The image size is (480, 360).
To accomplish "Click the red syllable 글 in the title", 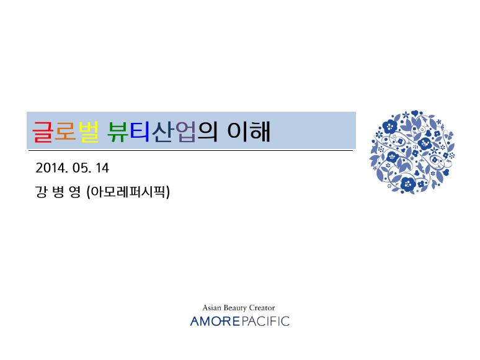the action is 43,132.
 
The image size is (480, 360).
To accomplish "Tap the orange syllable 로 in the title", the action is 65,132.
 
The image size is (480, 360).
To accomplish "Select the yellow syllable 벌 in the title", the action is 89,132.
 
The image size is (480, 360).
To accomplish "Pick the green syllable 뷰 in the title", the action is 118,132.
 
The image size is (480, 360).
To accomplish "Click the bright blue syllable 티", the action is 140,132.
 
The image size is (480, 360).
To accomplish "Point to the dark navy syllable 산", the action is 162,132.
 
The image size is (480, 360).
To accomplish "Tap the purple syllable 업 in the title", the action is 185,132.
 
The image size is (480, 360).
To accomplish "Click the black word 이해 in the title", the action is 249,132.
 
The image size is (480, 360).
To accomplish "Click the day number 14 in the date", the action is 102,168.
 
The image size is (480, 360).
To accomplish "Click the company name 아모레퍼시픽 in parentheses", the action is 128,192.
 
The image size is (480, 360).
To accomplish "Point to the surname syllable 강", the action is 41,192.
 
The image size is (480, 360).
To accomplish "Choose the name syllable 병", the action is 58,192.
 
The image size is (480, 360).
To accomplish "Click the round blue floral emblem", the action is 412,152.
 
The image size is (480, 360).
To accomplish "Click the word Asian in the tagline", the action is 213,308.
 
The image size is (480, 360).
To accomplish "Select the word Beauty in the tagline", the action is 235,308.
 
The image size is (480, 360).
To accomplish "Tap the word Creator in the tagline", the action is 262,308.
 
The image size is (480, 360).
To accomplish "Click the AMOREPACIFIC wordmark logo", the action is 240,321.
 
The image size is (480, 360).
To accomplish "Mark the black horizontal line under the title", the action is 190,150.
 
